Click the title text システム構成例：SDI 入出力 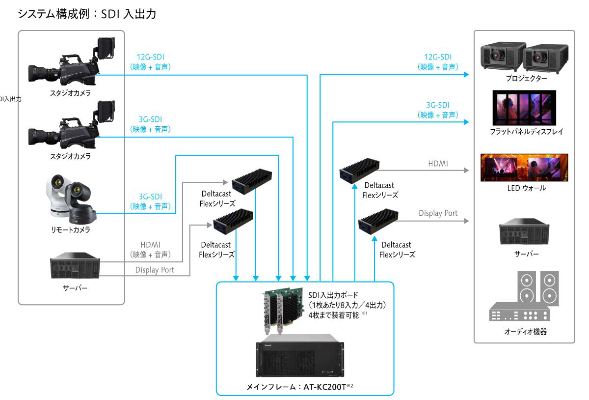[x=87, y=14]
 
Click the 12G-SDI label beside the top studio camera [x=150, y=57]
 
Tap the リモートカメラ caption [x=70, y=229]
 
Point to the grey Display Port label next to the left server [x=155, y=270]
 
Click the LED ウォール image [x=524, y=168]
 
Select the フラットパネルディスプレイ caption [x=526, y=132]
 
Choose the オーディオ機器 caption [x=525, y=332]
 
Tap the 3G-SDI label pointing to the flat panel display [x=437, y=105]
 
